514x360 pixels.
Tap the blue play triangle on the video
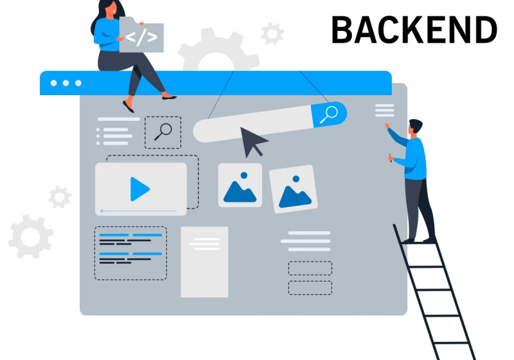(x=139, y=189)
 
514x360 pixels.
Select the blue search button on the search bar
(x=330, y=114)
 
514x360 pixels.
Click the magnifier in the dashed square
(x=163, y=132)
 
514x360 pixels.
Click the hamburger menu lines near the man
(x=384, y=111)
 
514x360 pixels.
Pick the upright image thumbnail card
(x=240, y=185)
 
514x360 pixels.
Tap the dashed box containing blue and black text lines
(x=130, y=253)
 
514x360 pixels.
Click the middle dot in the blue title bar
(x=66, y=83)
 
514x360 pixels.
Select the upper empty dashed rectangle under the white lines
(x=310, y=268)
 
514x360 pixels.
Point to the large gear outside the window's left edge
(x=30, y=237)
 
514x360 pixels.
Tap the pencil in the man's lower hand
(x=390, y=157)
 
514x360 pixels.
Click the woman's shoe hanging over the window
(x=128, y=106)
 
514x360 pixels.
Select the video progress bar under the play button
(x=139, y=211)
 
